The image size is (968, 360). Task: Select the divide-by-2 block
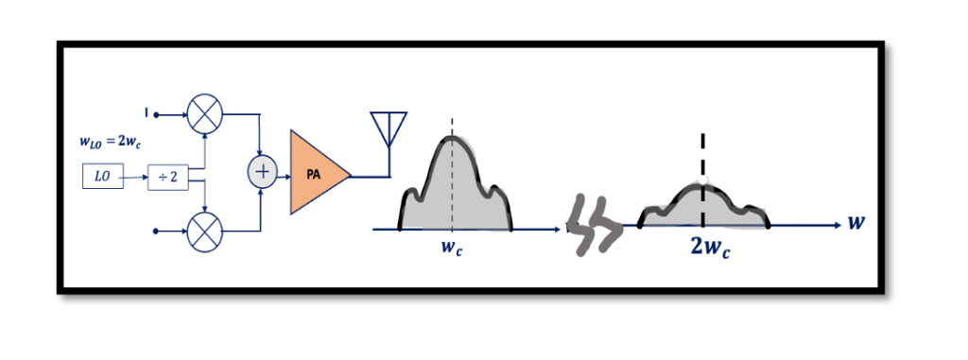167,176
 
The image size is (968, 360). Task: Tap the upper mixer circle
202,115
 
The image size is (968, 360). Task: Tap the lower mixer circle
202,230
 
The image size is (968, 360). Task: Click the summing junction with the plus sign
262,173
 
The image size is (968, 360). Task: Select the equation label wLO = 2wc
112,143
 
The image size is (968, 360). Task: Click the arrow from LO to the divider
134,176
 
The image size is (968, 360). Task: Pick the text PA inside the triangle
312,175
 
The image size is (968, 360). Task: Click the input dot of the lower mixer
157,230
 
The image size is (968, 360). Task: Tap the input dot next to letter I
157,115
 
